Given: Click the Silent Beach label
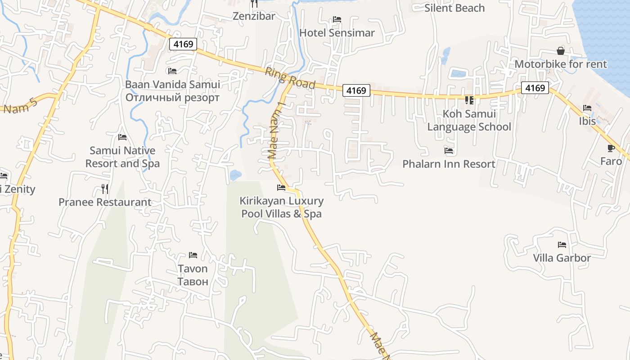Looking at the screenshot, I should (x=454, y=8).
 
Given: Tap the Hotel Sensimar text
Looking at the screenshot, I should (x=337, y=33).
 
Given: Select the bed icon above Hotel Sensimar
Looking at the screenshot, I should (x=337, y=19).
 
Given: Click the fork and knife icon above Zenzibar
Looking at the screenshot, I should (x=254, y=4).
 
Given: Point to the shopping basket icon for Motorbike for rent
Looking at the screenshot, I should (x=561, y=50).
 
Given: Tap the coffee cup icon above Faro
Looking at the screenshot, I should (x=611, y=148).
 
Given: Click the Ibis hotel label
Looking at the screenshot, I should (x=587, y=121).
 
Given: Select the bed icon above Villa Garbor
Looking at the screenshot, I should (x=562, y=245).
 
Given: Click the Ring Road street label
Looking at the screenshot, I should (x=290, y=78).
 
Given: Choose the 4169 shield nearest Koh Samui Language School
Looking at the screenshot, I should (x=535, y=88).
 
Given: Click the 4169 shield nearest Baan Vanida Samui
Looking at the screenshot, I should (x=183, y=44).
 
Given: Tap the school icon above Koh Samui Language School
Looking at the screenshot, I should (x=469, y=100).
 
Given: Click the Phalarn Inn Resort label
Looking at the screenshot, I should (x=449, y=164).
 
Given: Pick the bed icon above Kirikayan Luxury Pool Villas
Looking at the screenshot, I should (x=281, y=187).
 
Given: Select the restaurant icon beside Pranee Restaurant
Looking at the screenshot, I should (x=105, y=189).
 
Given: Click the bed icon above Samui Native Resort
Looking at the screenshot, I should (x=122, y=137).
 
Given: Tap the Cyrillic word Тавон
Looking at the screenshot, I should (x=193, y=282).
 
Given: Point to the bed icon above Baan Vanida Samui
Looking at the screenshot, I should (x=172, y=71).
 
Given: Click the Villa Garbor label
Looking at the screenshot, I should (x=562, y=258).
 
